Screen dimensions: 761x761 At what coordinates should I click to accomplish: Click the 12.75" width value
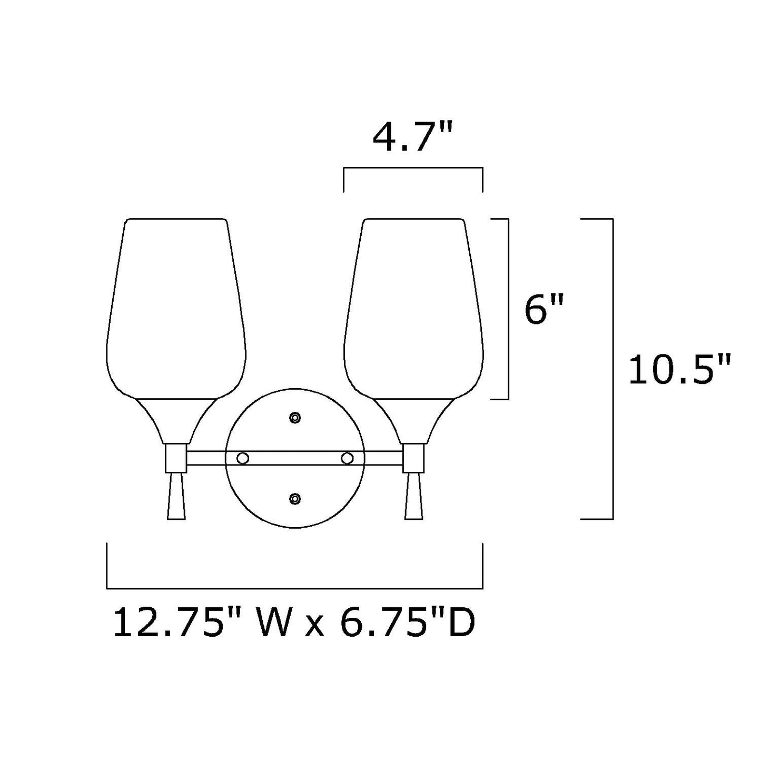tap(170, 623)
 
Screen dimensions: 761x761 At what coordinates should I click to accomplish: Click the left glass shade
tap(176, 309)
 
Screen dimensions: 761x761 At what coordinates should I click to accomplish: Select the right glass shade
tap(413, 309)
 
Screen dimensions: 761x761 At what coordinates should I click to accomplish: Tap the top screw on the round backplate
tap(295, 418)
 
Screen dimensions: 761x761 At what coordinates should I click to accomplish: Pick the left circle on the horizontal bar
tap(242, 459)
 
